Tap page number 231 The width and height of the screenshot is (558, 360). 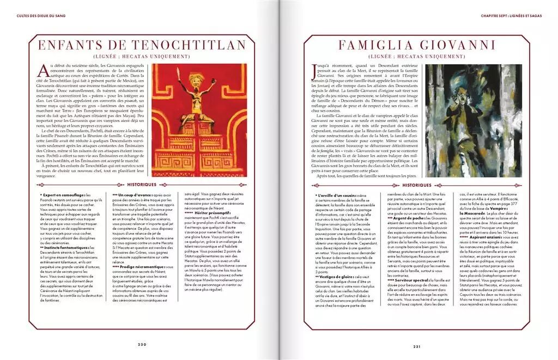[417, 345]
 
